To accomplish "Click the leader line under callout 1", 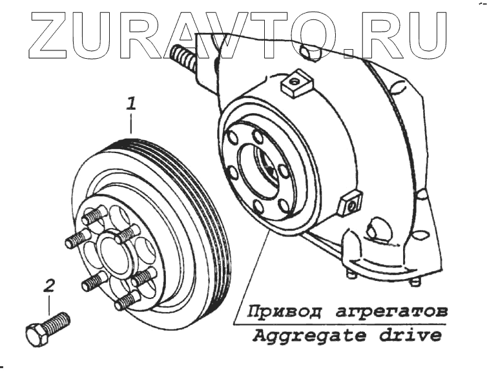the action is tap(131, 123).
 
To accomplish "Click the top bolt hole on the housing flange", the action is tap(256, 136).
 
